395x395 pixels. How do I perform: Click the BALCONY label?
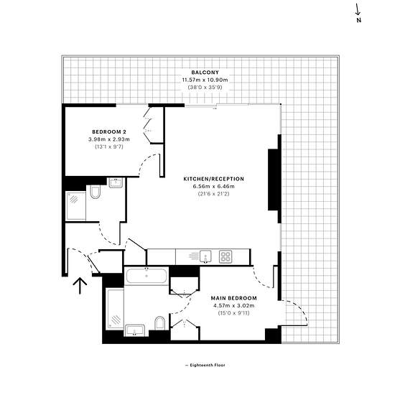pyautogui.click(x=205, y=73)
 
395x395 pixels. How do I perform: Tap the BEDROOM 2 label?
pyautogui.click(x=109, y=131)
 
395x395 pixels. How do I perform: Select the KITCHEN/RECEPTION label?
pyautogui.click(x=213, y=179)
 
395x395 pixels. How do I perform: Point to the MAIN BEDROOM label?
pyautogui.click(x=234, y=298)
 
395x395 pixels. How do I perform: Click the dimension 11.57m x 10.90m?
pyautogui.click(x=205, y=80)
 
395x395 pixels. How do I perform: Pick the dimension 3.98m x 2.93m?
pyautogui.click(x=109, y=139)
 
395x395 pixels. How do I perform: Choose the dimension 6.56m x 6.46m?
pyautogui.click(x=213, y=187)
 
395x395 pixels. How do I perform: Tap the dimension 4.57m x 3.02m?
pyautogui.click(x=234, y=305)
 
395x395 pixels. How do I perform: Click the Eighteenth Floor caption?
pyautogui.click(x=205, y=365)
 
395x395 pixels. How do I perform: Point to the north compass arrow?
pyautogui.click(x=358, y=10)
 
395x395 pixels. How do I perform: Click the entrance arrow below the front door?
pyautogui.click(x=80, y=286)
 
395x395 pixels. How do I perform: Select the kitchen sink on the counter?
pyautogui.click(x=205, y=256)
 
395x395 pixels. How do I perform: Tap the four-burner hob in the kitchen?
pyautogui.click(x=226, y=256)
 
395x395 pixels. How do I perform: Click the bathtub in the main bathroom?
pyautogui.click(x=147, y=276)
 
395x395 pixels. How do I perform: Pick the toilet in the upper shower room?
pyautogui.click(x=95, y=192)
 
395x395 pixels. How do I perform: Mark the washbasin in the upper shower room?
pyautogui.click(x=116, y=182)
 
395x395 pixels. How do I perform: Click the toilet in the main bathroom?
pyautogui.click(x=159, y=322)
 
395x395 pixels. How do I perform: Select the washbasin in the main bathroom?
pyautogui.click(x=135, y=330)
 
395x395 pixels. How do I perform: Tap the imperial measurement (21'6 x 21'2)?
pyautogui.click(x=213, y=194)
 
